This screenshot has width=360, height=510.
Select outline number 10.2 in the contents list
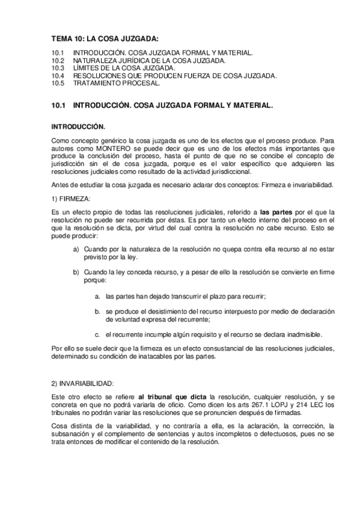[58, 61]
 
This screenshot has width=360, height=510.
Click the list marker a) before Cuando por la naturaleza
[76, 249]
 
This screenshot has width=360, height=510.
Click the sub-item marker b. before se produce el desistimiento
[98, 312]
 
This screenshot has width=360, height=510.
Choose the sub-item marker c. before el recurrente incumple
[98, 334]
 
